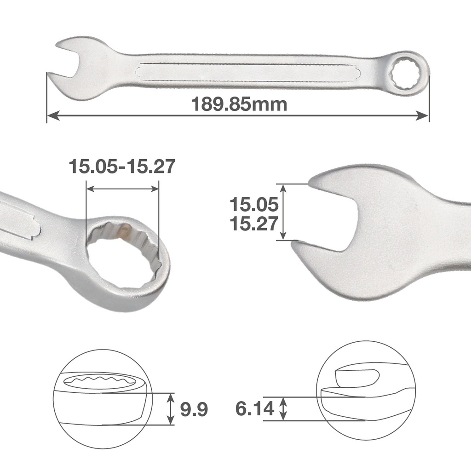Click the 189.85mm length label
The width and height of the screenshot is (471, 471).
coord(239,104)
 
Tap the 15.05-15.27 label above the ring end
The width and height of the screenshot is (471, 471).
coord(122,167)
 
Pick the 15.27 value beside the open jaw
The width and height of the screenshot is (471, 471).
coord(254,224)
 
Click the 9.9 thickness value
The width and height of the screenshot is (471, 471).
coord(194,408)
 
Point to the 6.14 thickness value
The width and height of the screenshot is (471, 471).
coord(255,408)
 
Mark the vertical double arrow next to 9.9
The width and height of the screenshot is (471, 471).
coord(171,408)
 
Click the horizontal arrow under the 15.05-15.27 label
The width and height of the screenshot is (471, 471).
coord(122,189)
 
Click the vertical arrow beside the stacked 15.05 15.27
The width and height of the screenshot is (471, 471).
coord(283,212)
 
